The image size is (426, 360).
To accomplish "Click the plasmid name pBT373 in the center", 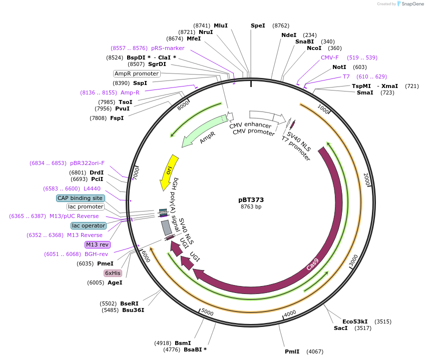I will pos(251,199).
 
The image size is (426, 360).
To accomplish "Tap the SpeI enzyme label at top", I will pos(258,25).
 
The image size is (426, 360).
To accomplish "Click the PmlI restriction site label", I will pos(292,351).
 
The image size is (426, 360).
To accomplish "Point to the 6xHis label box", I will pos(113,273).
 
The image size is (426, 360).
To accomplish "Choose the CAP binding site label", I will pos(80,198).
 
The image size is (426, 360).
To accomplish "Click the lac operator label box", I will pos(88,225).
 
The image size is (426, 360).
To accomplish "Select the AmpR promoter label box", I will pos(137,73).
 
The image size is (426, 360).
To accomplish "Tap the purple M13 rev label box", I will pos(97,244).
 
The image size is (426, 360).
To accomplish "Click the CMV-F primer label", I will pos(329,57).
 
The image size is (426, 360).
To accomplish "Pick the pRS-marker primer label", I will pos(168,48).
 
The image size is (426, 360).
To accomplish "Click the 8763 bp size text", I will pos(251,206).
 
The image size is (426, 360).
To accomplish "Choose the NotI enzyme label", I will pos(339,67).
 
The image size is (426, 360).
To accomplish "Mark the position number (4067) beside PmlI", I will pos(315,351).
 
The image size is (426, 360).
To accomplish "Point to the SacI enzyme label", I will pos(340,328).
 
